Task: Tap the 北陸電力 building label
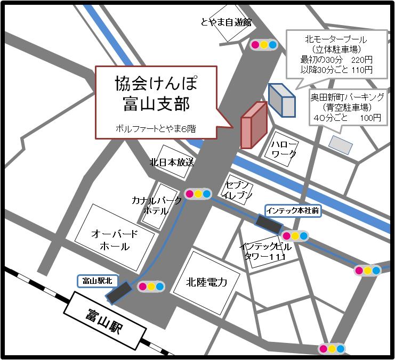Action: coord(207,282)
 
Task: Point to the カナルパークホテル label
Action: coord(157,205)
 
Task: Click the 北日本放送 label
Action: coord(172,162)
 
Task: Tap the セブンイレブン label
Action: coord(235,189)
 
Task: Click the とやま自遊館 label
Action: coord(225,22)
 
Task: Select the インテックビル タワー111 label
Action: coord(265,251)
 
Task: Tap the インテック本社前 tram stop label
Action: coord(293,210)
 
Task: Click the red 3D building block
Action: coord(253,125)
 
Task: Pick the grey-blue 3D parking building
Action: coord(281,100)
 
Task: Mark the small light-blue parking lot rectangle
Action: coord(341,144)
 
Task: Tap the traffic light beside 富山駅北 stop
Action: coord(151,287)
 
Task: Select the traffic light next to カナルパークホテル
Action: coord(197,194)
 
